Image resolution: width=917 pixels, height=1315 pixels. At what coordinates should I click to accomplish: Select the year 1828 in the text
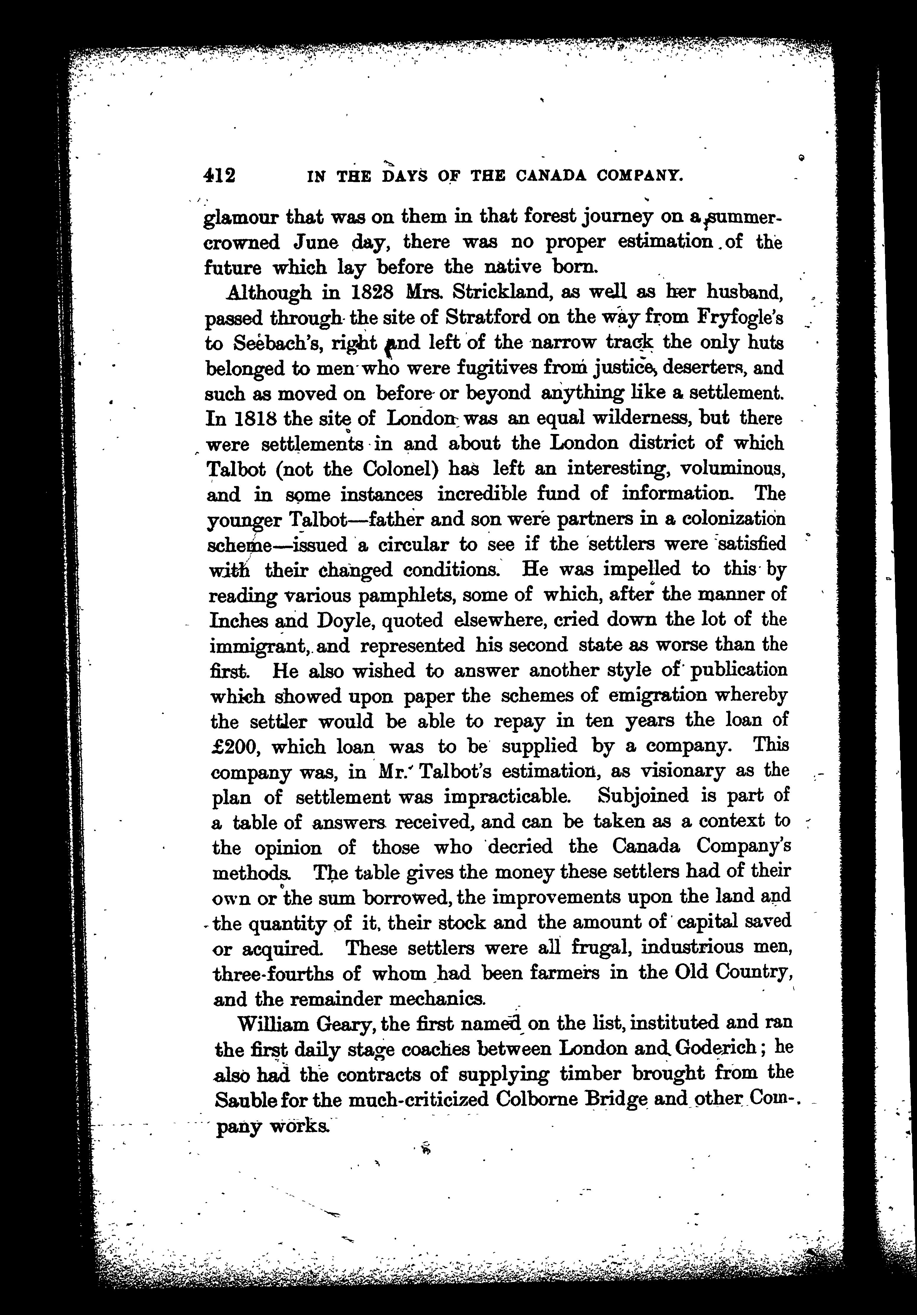click(371, 293)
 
